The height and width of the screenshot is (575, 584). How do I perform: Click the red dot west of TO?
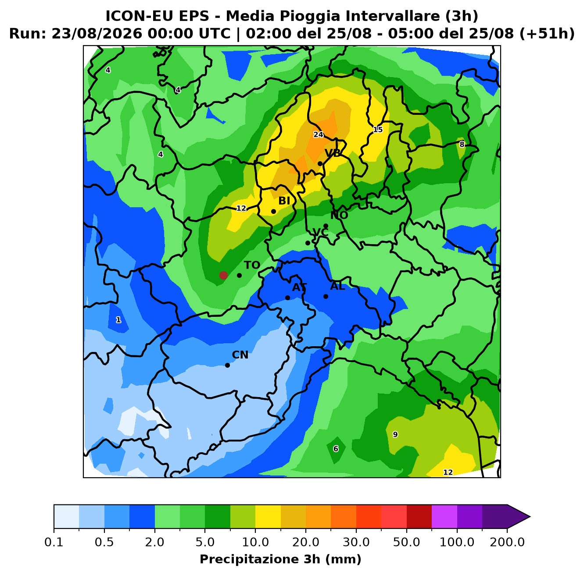coord(223,275)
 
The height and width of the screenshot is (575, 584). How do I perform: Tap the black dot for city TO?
coord(239,276)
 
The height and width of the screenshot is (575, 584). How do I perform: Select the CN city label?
coord(240,355)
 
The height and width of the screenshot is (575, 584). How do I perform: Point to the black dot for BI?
coord(273,211)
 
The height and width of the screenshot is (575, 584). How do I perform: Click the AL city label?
coord(337,286)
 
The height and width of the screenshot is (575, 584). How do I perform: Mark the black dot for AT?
coord(287,298)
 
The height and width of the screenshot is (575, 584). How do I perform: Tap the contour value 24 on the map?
coord(318,135)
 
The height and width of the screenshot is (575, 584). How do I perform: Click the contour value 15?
coord(378,130)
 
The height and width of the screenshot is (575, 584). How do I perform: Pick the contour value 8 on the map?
coord(462,145)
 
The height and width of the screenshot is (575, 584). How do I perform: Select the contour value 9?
coord(395,434)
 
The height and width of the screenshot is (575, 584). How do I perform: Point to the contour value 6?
coord(336,449)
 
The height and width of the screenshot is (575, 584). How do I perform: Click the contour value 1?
coord(118,320)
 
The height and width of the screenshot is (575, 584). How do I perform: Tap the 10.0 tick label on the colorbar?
coord(255,542)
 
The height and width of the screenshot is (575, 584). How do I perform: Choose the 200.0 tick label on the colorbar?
coord(507,542)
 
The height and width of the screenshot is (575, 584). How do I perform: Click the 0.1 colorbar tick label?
coord(54,542)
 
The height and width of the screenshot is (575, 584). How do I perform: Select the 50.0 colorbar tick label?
coord(406,542)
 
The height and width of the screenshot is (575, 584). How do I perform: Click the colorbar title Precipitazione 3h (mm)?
coord(280,559)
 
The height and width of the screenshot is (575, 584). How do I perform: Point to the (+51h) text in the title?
coord(547,34)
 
